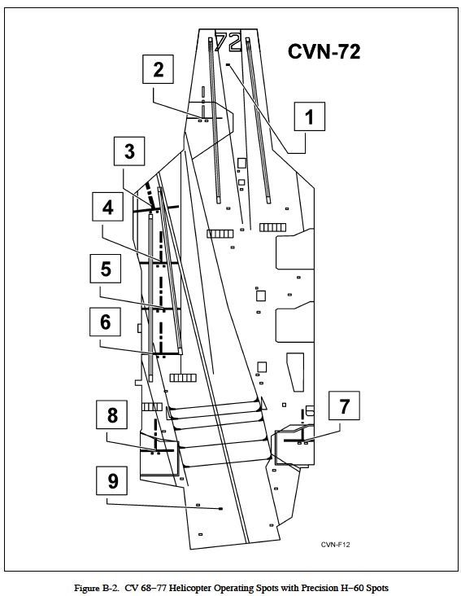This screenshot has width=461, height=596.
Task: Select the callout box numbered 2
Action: (159, 69)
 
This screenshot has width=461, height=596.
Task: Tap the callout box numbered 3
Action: (129, 151)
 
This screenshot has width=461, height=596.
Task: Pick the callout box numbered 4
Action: (107, 208)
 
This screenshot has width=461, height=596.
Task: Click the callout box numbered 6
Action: (105, 322)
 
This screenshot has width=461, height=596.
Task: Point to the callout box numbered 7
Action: (344, 406)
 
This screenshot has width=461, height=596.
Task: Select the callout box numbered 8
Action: (112, 415)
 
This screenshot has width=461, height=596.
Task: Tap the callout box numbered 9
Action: (112, 481)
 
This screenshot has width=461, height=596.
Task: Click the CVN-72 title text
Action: (324, 52)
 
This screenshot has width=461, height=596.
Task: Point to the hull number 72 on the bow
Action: (228, 41)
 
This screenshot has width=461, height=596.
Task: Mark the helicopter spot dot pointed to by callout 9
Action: (221, 509)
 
